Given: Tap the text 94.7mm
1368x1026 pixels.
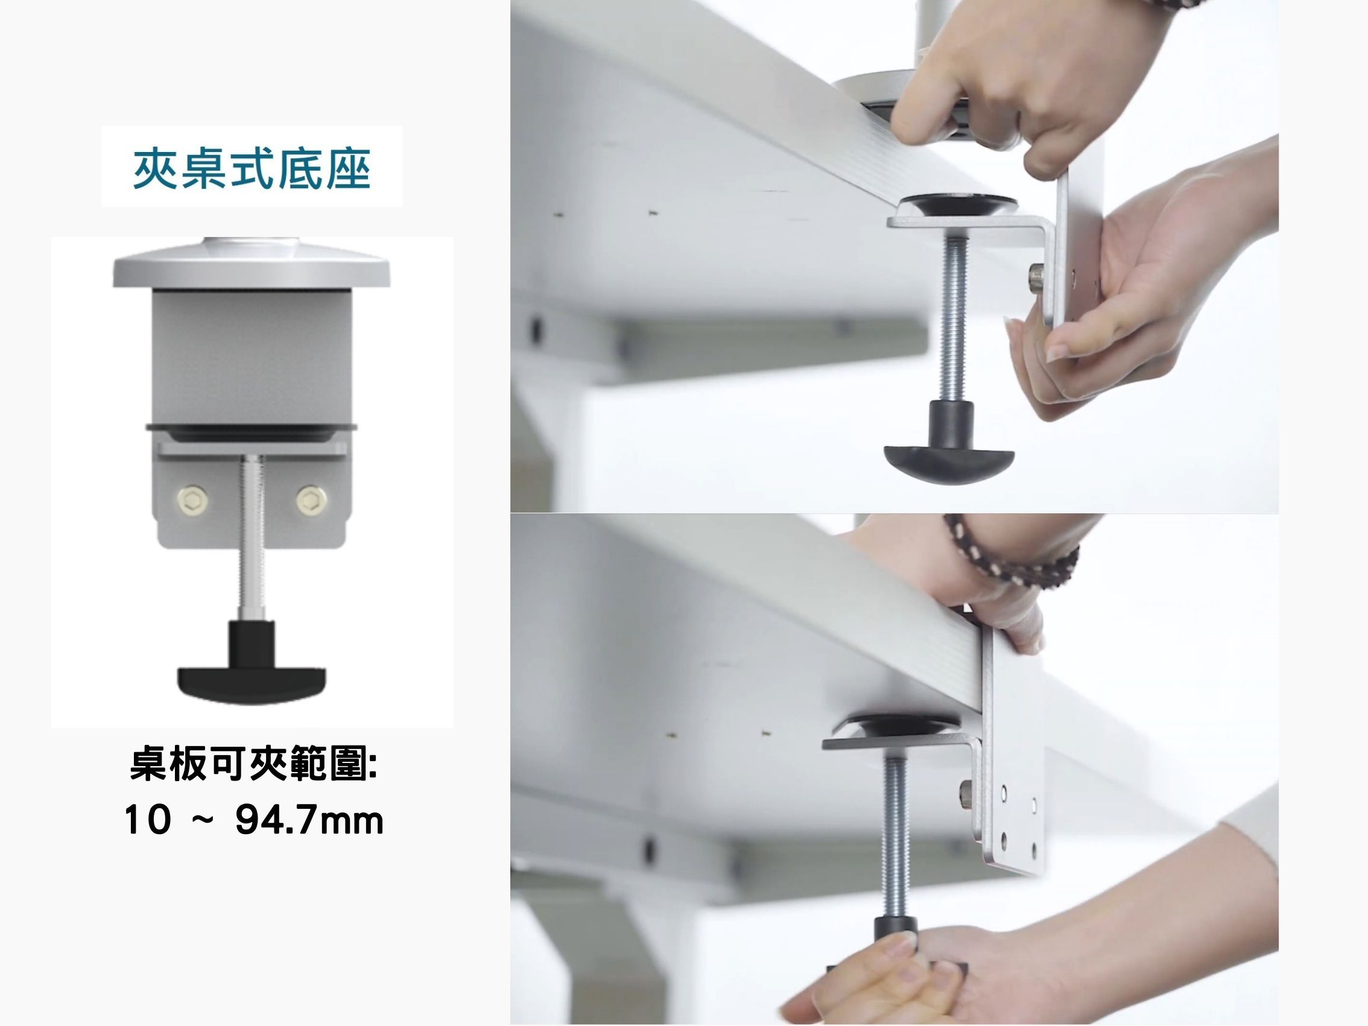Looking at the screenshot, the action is pyautogui.click(x=309, y=821).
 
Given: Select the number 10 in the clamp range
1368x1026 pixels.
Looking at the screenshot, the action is pyautogui.click(x=147, y=821).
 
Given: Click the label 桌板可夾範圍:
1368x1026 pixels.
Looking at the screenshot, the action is pyautogui.click(x=253, y=766).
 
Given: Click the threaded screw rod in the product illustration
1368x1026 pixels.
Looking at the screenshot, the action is pyautogui.click(x=252, y=538).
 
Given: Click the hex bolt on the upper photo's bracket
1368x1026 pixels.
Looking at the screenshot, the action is pyautogui.click(x=1034, y=276).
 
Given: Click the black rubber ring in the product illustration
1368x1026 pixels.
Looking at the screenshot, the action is pyautogui.click(x=252, y=429).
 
